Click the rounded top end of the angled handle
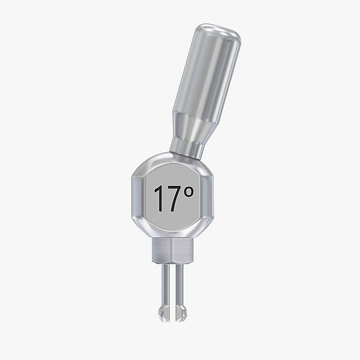point(219,32)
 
